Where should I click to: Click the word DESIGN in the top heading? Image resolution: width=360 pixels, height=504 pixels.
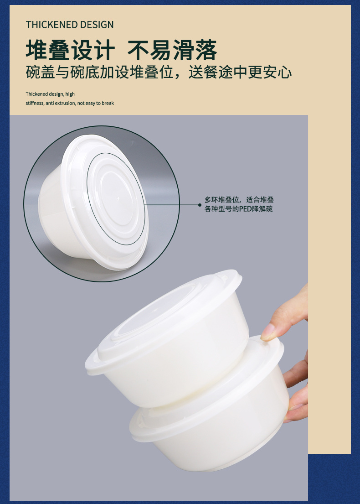pos(97,25)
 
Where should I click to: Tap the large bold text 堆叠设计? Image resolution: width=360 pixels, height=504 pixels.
pos(70,50)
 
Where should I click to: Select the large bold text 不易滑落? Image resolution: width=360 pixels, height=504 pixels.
pos(172,50)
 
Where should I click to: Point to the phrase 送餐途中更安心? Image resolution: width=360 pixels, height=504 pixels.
pos(240,72)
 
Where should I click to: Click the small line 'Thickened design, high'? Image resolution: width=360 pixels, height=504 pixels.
pos(50,94)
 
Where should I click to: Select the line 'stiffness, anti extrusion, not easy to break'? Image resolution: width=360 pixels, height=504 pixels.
pos(70,103)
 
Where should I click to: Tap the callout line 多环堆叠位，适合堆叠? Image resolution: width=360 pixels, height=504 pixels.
pos(239,200)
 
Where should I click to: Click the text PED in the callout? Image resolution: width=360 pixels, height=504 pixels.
pos(245,209)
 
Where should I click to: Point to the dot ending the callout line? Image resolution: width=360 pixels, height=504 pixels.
pos(200,205)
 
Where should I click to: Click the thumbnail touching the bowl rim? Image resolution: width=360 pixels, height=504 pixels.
pos(267,333)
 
